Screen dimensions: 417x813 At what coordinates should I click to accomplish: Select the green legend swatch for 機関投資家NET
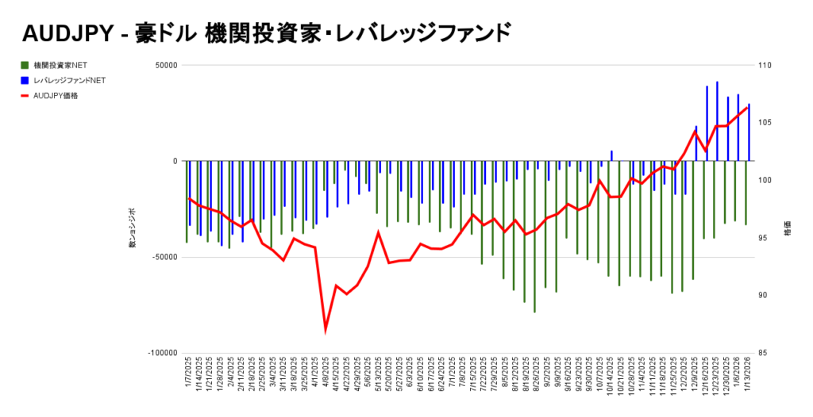point(25,65)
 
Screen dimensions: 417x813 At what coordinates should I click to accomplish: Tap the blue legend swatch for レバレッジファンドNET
point(25,80)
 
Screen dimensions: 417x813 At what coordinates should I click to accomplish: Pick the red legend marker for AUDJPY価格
point(25,96)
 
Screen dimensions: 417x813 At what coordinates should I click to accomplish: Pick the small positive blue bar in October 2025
point(611,155)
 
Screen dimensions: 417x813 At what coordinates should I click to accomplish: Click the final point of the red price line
point(748,107)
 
